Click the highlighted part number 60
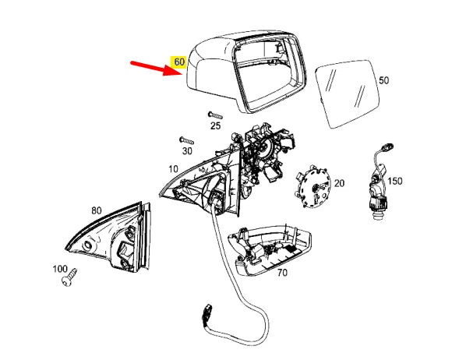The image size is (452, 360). [179, 61]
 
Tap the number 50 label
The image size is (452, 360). [383, 80]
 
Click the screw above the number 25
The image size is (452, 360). [216, 114]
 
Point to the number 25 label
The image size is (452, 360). [215, 125]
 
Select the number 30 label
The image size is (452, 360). [187, 150]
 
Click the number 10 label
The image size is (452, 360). [172, 168]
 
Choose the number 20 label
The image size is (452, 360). [339, 183]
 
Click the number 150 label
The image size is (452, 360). [395, 181]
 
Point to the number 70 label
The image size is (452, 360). [282, 273]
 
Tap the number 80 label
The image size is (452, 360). [96, 210]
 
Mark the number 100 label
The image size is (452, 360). [59, 268]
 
